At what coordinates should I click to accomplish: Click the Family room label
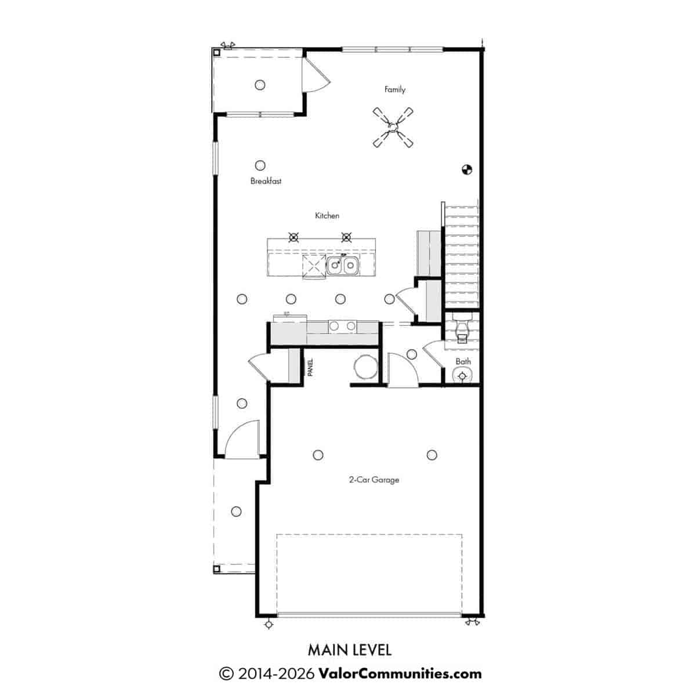pyautogui.click(x=394, y=89)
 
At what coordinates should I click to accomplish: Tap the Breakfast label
pyautogui.click(x=266, y=181)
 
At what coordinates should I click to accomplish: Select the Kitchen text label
pyautogui.click(x=327, y=216)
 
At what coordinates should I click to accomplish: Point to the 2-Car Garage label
pyautogui.click(x=374, y=480)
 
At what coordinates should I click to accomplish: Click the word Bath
pyautogui.click(x=463, y=361)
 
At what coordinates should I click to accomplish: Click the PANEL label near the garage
pyautogui.click(x=310, y=367)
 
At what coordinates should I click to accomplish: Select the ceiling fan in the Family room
pyautogui.click(x=393, y=128)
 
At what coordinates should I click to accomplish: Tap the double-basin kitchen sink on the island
pyautogui.click(x=342, y=266)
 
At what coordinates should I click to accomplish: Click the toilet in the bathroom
pyautogui.click(x=462, y=329)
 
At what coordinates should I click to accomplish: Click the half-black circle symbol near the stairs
pyautogui.click(x=467, y=169)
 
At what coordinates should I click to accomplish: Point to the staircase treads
pyautogui.click(x=461, y=256)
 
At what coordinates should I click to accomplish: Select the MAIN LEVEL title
pyautogui.click(x=349, y=651)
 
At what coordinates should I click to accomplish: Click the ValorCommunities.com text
pyautogui.click(x=400, y=673)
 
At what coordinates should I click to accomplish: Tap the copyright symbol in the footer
pyautogui.click(x=226, y=674)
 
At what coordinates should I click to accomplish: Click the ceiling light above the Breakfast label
pyautogui.click(x=260, y=165)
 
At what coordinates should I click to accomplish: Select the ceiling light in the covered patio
pyautogui.click(x=260, y=85)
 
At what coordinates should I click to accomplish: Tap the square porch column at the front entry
pyautogui.click(x=216, y=569)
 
